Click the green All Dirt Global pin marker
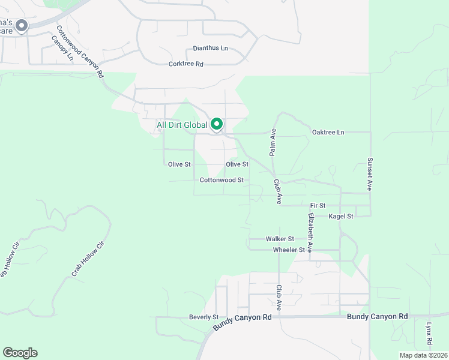[x=217, y=124]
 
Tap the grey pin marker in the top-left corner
[x=22, y=26]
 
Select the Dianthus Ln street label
[x=210, y=48]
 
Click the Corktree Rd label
[x=186, y=64]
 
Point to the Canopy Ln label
[x=62, y=49]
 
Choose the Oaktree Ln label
[x=328, y=132]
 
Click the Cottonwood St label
[x=221, y=179]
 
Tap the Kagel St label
[x=340, y=215]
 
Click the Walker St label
[x=280, y=239]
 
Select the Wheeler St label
[x=284, y=250]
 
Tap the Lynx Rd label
[x=429, y=333]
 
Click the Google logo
[x=20, y=353]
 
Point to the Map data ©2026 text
[x=423, y=355]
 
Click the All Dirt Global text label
[x=182, y=125]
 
